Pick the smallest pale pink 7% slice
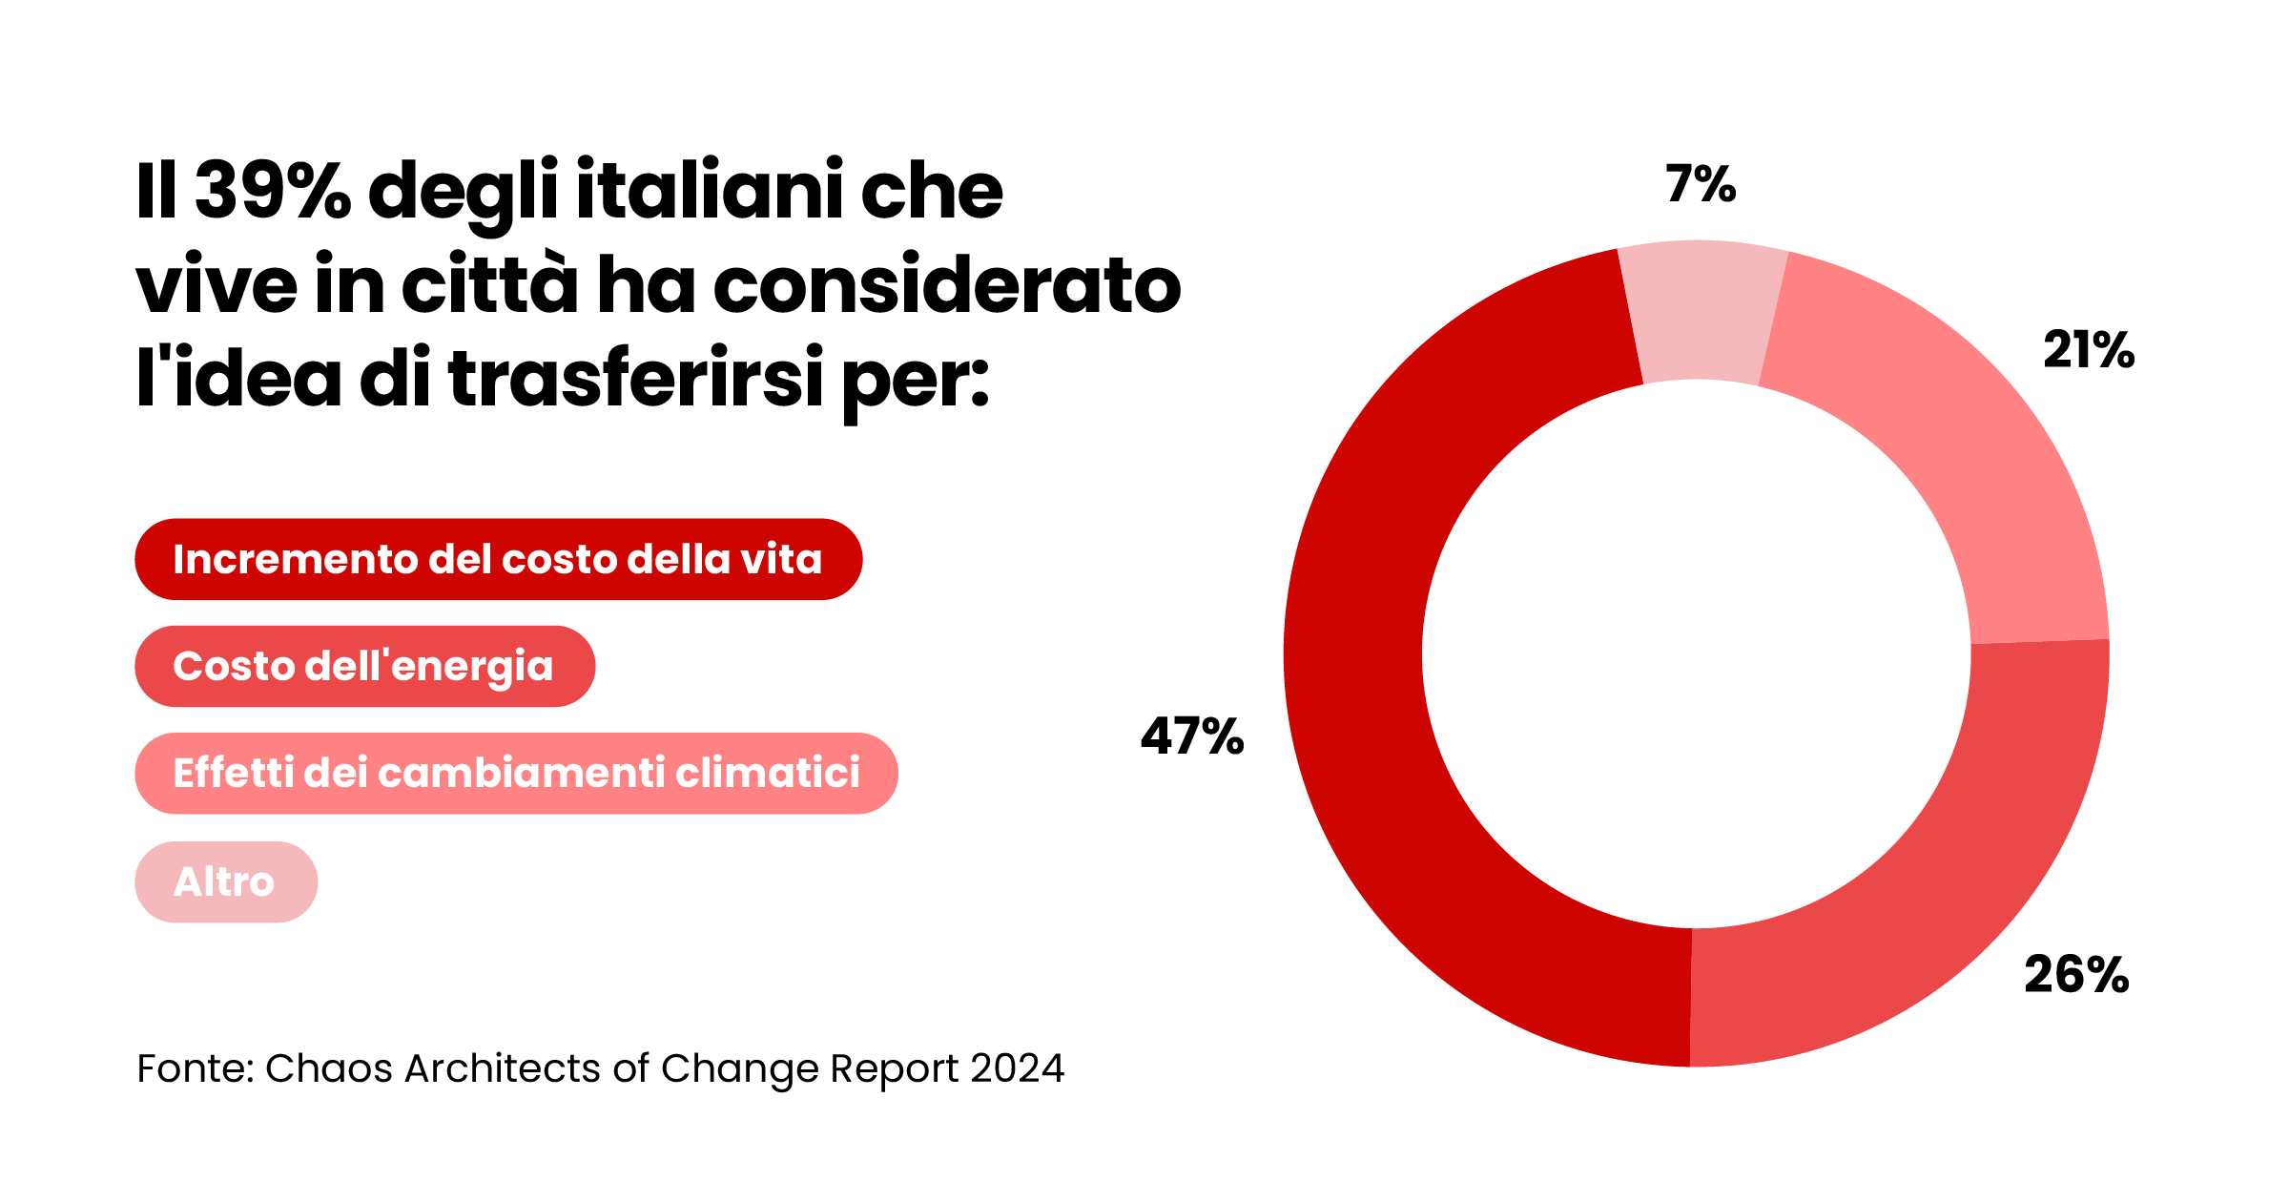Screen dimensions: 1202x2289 1701,310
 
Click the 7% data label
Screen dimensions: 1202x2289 1701,183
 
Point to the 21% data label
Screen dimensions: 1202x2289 2088,350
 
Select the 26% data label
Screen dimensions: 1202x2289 2076,975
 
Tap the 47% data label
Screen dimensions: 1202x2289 1192,736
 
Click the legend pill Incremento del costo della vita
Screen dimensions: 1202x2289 498,559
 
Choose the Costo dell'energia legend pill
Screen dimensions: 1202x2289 364,666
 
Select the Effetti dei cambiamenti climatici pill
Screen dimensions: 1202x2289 516,773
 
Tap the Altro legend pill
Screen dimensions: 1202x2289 225,881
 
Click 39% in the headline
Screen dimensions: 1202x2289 273,190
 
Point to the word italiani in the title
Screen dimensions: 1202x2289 710,190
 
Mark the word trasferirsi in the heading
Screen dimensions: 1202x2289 635,379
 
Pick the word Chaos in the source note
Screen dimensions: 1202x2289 328,1068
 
